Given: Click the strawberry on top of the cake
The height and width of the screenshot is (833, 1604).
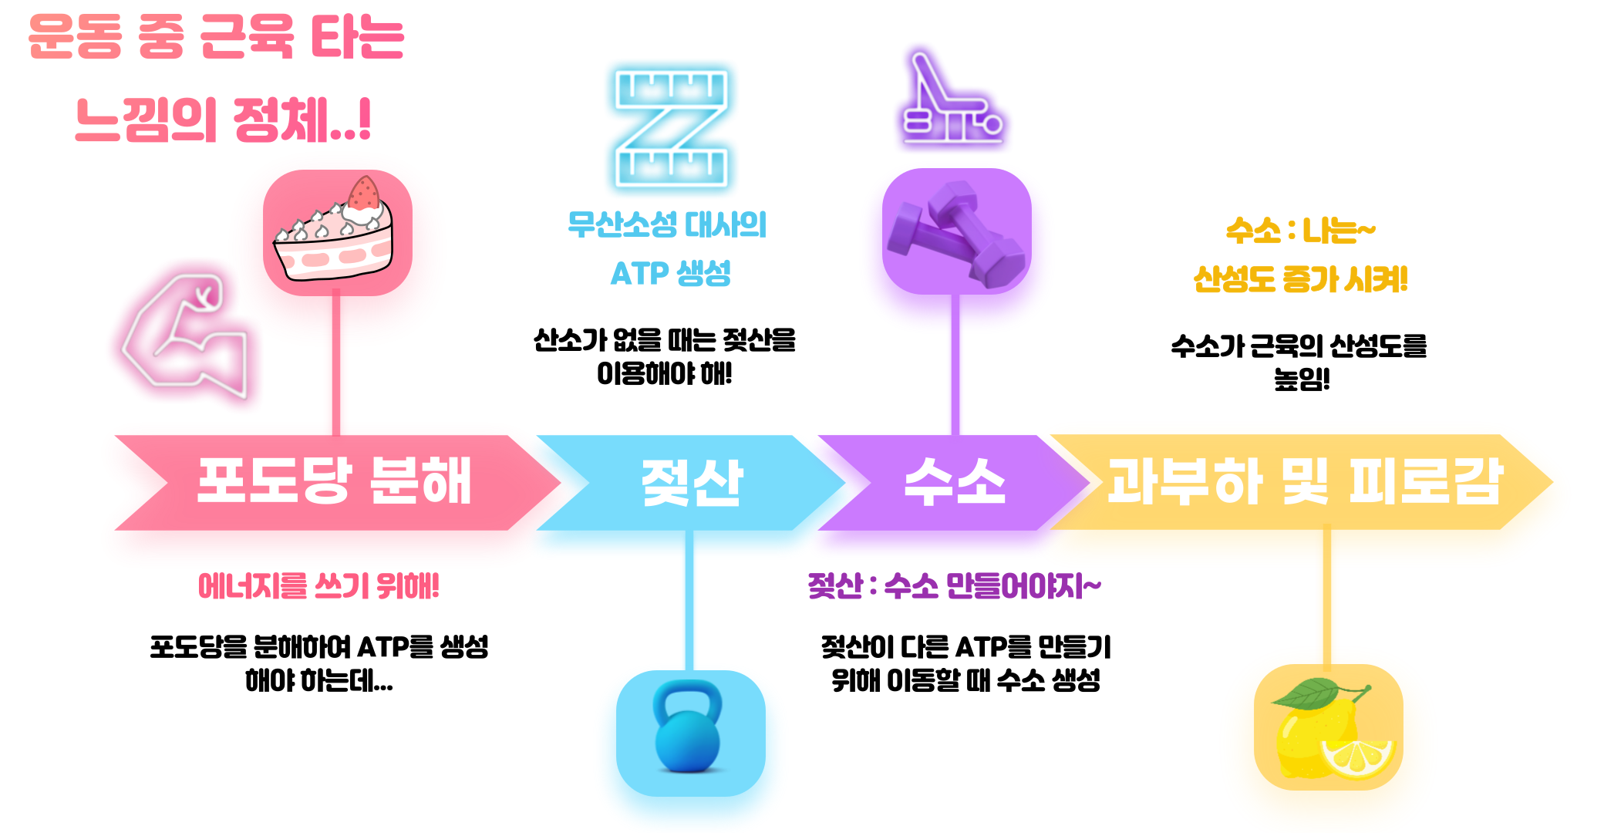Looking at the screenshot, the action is click(x=363, y=194).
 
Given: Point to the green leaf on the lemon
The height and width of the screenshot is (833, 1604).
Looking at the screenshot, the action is click(x=1307, y=693).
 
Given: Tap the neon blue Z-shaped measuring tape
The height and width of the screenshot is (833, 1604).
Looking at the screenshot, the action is click(x=671, y=128).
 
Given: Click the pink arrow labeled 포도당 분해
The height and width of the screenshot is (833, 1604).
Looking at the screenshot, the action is click(x=333, y=482).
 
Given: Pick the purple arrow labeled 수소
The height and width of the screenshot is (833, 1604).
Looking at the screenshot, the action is click(x=954, y=482).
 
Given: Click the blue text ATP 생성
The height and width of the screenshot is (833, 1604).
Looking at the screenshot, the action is click(x=670, y=273).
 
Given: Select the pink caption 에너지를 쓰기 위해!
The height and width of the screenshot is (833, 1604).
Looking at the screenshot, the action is click(x=318, y=586).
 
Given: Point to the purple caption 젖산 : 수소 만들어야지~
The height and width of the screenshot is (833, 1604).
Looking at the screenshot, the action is click(x=954, y=586).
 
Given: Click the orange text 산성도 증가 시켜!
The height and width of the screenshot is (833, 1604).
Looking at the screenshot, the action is click(x=1300, y=279).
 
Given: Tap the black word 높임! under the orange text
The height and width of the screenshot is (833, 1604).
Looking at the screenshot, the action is click(x=1301, y=379).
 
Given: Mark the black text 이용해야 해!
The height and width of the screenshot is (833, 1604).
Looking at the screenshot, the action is click(x=664, y=374).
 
